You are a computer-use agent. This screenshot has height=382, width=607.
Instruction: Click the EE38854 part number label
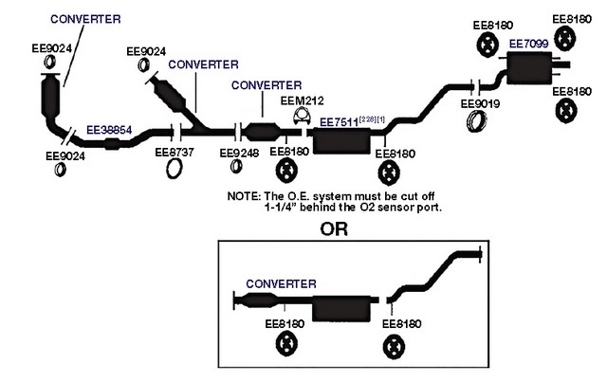[109, 130]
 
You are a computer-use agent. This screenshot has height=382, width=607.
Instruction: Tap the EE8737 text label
[175, 152]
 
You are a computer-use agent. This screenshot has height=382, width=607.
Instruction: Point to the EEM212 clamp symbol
[302, 116]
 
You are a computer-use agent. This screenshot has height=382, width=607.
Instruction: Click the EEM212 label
[302, 100]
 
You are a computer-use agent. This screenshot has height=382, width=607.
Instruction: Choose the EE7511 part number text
[340, 122]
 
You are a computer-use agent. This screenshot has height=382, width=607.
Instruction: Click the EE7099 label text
[529, 44]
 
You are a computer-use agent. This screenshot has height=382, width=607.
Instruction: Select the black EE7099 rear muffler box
[529, 68]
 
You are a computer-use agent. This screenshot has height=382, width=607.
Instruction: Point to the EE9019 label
[480, 103]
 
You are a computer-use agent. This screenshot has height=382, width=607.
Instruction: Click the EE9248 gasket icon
[236, 166]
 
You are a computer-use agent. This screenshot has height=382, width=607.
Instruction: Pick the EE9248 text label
[239, 153]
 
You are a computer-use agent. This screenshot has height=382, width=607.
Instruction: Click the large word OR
[334, 229]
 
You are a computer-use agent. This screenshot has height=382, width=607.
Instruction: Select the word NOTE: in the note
[244, 196]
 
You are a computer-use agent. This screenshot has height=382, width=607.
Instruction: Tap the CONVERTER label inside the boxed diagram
[281, 283]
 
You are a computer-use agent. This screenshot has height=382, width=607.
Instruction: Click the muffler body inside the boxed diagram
[341, 308]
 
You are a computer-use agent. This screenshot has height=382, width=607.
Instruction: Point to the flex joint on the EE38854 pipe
[112, 144]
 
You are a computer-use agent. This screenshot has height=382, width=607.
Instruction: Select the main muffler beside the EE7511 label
[341, 141]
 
